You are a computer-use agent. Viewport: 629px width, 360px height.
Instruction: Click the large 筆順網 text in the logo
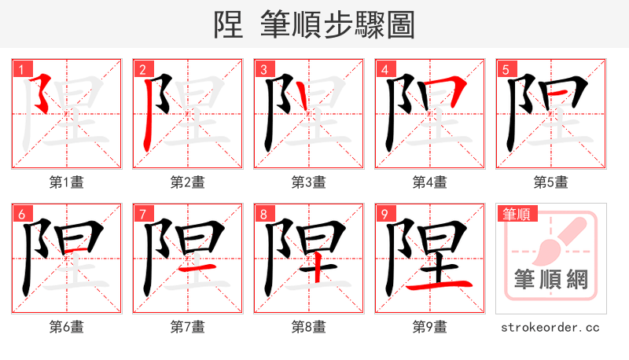tap(550, 279)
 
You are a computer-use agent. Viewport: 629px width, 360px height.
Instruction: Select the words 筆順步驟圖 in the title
tap(337, 25)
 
